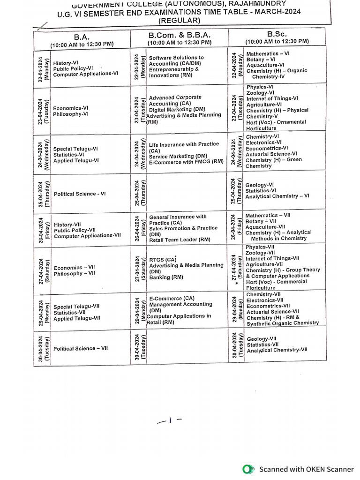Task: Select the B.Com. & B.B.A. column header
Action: coord(180,35)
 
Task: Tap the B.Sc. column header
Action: coord(277,34)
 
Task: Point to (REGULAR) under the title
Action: coord(180,20)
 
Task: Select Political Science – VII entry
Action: coord(81,348)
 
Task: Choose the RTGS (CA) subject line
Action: coord(163,259)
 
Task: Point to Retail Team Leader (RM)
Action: coord(180,240)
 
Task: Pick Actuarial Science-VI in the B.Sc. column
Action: coord(271,153)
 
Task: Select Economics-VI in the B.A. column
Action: coord(71,107)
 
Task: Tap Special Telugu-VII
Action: coord(76,306)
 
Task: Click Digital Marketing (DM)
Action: coord(177,109)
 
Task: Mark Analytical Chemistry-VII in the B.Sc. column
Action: coord(277,350)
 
